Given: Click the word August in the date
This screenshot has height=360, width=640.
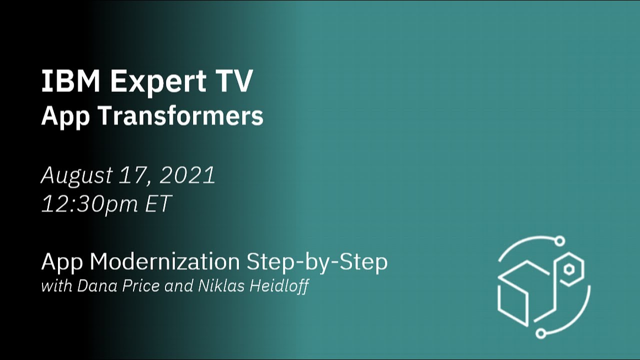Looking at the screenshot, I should pos(76,175).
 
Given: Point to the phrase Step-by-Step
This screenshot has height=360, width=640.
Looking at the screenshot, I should pos(317,262).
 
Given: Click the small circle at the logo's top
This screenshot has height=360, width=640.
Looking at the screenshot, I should pos(560,241).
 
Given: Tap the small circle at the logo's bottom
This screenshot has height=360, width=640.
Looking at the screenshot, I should pos(540,332).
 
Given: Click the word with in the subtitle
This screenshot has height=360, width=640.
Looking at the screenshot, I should pos(53,287).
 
